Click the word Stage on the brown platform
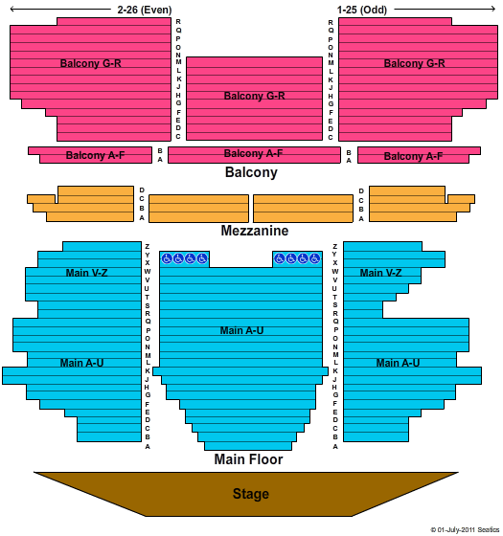click(x=251, y=494)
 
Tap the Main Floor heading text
click(x=248, y=459)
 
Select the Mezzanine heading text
click(x=255, y=231)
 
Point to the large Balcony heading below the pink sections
click(x=251, y=172)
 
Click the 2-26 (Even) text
click(x=145, y=10)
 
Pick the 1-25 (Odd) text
click(x=362, y=10)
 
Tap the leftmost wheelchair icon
click(x=167, y=258)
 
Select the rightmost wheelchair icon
click(x=314, y=258)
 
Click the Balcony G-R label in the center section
click(x=254, y=96)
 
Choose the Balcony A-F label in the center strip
click(x=253, y=153)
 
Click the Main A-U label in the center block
click(x=241, y=330)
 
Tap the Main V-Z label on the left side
click(x=86, y=273)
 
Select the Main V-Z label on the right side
click(x=380, y=273)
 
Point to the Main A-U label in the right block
click(x=398, y=363)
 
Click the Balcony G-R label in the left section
click(x=90, y=63)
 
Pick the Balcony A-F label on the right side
click(x=413, y=156)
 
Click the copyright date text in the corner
click(x=465, y=530)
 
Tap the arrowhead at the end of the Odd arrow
click(x=494, y=10)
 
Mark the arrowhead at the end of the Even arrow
click(x=11, y=10)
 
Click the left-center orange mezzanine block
click(x=199, y=209)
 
